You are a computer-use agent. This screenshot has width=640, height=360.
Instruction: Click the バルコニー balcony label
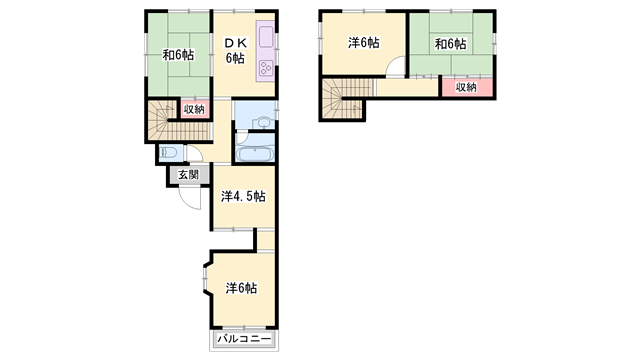tap(244, 339)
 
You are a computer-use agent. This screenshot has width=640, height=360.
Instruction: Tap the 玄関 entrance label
tap(188, 175)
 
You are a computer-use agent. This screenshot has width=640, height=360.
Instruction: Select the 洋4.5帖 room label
tap(243, 196)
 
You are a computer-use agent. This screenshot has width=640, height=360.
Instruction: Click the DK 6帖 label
tap(236, 51)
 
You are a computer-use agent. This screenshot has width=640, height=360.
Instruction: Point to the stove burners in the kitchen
tap(266, 67)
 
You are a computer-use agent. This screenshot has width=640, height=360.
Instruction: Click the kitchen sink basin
tap(266, 36)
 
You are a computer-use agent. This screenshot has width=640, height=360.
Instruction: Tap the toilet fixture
tap(169, 153)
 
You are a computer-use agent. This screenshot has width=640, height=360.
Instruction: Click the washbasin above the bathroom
tap(263, 122)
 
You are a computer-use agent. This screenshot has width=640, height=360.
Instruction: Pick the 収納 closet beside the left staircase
tap(194, 109)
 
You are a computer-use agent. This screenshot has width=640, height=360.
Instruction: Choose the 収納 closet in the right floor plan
tap(466, 87)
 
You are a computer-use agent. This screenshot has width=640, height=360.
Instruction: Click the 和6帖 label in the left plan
tap(178, 55)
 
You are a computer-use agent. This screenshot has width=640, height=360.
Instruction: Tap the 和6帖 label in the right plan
tap(450, 44)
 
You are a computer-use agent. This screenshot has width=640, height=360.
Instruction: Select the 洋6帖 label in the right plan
tap(364, 42)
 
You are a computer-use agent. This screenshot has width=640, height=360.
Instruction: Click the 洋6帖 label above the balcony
tap(241, 288)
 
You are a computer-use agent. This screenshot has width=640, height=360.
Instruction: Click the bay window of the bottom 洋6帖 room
tap(206, 280)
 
